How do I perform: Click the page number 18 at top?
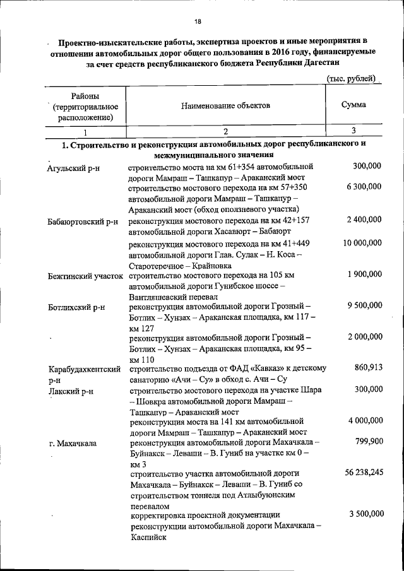[198, 21]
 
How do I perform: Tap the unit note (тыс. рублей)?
[352, 78]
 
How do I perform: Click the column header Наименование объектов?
[225, 105]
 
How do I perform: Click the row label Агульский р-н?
[74, 168]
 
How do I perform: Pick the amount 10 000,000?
[361, 243]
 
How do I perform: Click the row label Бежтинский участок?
[85, 276]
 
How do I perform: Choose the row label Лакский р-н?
[70, 391]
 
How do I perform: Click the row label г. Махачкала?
[73, 444]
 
